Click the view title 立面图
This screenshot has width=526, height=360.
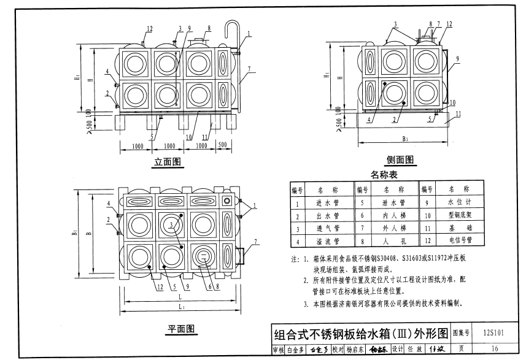coord(166,163)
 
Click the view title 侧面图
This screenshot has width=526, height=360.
coord(400,160)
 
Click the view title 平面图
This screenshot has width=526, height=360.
coord(182,331)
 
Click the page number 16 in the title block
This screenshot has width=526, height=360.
coord(494,350)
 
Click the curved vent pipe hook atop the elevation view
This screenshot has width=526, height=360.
coord(232,29)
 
